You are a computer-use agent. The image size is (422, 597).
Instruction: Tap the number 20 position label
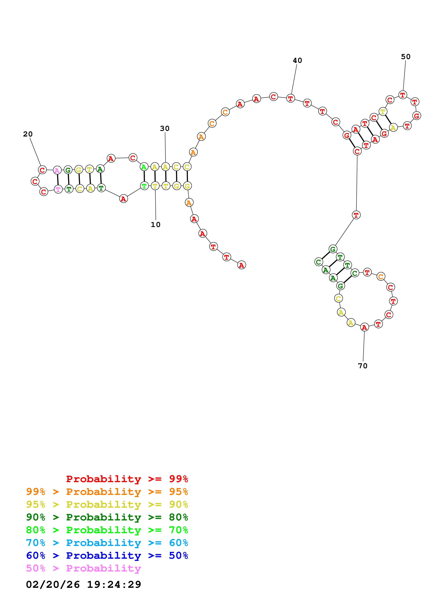[28, 134]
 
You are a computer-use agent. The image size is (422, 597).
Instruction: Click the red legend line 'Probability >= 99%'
[127, 479]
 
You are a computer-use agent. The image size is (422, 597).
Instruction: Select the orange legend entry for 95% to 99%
[107, 491]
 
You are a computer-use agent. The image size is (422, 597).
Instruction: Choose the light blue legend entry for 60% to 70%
[107, 543]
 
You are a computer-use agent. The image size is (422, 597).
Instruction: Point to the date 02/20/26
[53, 585]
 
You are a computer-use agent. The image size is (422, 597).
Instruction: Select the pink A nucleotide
[57, 170]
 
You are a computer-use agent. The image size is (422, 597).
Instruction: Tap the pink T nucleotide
[58, 189]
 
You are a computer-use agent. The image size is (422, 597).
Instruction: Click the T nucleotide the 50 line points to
[402, 95]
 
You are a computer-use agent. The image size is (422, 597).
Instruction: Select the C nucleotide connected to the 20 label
[42, 170]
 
